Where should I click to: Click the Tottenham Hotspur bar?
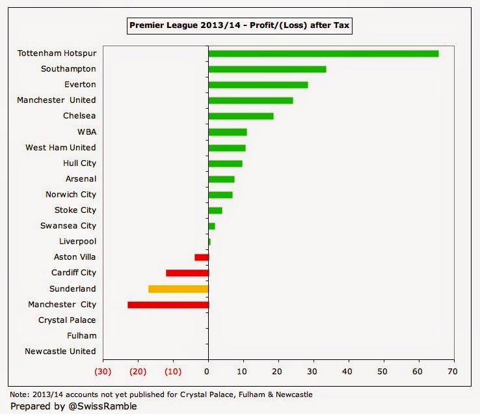[x=323, y=53]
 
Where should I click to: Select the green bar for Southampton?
[x=267, y=69]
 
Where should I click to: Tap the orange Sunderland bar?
[x=178, y=288]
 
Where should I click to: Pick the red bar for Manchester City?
[x=168, y=304]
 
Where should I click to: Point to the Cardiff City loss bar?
[x=187, y=273]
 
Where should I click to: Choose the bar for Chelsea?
[x=241, y=116]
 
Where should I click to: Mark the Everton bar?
[x=258, y=85]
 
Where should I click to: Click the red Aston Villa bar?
[x=202, y=257]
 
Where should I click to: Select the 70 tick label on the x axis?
[x=453, y=372]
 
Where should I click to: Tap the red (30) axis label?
[x=103, y=372]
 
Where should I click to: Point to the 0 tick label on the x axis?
[x=207, y=372]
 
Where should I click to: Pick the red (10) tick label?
[x=172, y=372]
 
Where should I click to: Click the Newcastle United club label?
[x=60, y=352]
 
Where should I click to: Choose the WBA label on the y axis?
[x=87, y=131]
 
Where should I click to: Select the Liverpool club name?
[x=77, y=241]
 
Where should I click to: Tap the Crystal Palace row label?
[x=67, y=320]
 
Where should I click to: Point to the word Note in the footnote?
[x=20, y=394]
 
